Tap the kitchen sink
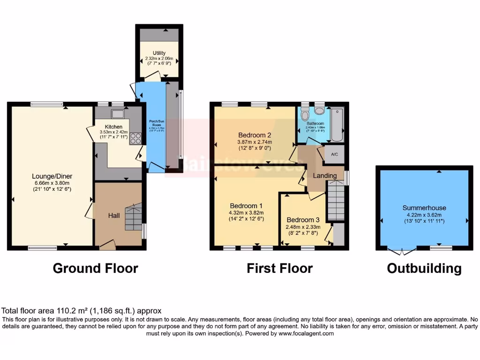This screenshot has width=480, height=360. click(x=117, y=113)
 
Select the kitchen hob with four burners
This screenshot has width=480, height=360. click(x=135, y=138)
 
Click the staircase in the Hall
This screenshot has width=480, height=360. click(x=133, y=217)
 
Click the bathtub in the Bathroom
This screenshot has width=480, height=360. click(x=337, y=124)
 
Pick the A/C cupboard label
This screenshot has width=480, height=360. click(x=335, y=154)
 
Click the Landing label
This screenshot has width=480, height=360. click(x=325, y=176)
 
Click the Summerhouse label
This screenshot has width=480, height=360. click(x=424, y=208)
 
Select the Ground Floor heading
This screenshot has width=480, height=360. click(x=95, y=268)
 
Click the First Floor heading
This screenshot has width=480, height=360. click(x=279, y=268)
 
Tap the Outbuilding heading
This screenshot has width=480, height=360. click(x=424, y=268)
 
